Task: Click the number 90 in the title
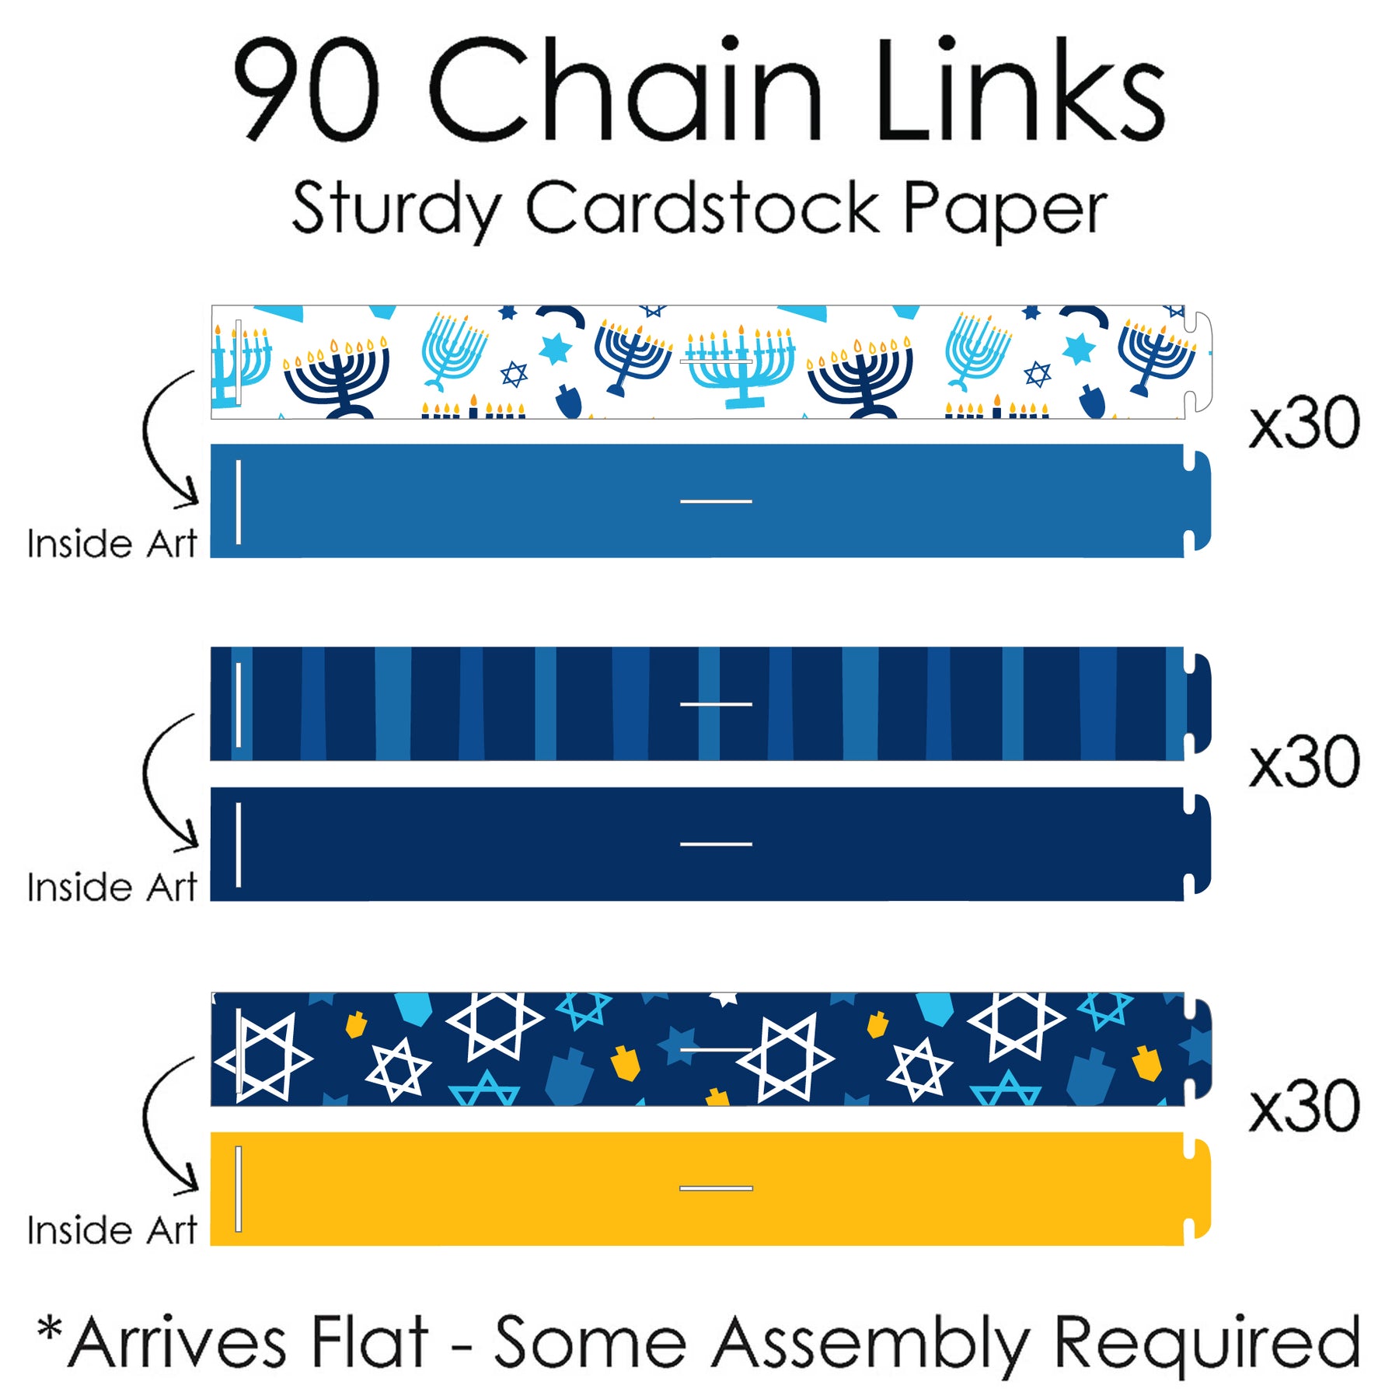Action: (306, 89)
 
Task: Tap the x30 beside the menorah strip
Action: (1304, 424)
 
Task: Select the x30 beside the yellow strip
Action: (1304, 1107)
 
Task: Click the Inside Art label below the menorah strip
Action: (112, 543)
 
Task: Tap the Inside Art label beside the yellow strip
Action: (112, 1230)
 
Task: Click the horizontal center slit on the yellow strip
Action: (716, 1188)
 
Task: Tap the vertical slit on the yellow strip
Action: (239, 1188)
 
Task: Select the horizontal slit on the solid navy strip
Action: (716, 844)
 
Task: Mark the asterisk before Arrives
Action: (50, 1328)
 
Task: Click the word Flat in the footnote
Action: (369, 1342)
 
